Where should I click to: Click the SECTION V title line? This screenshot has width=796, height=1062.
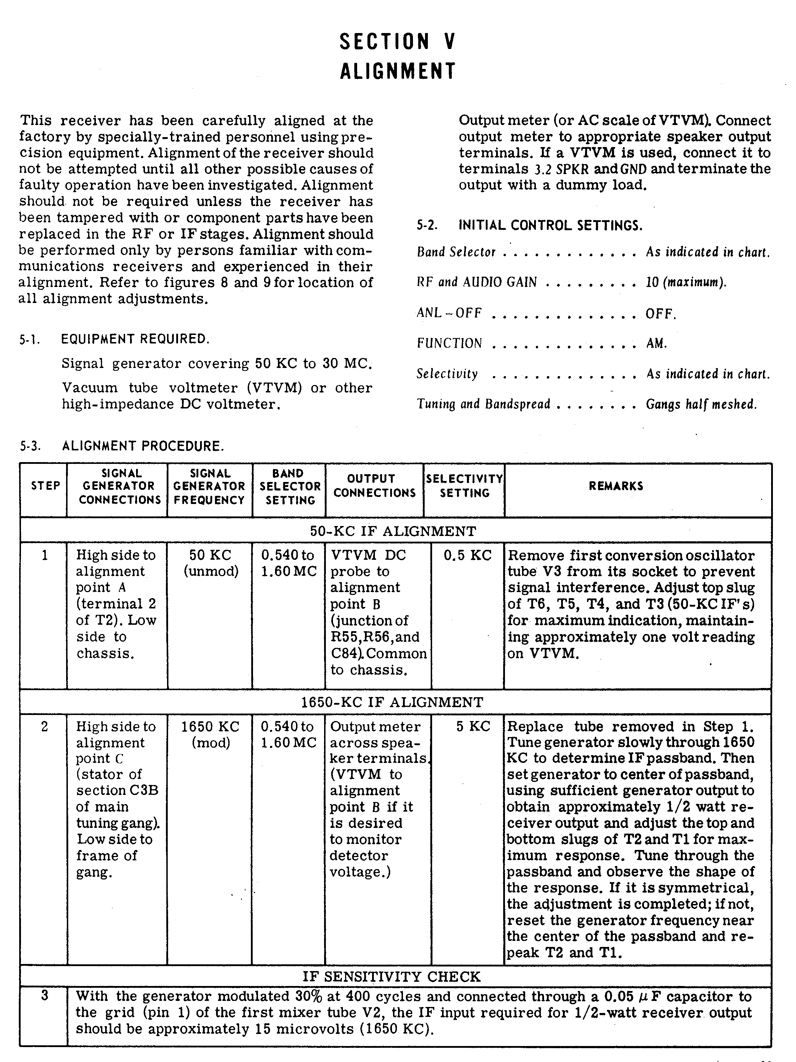pyautogui.click(x=397, y=42)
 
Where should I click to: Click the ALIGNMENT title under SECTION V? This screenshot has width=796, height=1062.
pyautogui.click(x=398, y=71)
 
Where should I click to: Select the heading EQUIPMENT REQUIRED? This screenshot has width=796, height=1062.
pyautogui.click(x=135, y=339)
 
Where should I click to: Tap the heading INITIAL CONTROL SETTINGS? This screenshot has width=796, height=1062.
pyautogui.click(x=550, y=225)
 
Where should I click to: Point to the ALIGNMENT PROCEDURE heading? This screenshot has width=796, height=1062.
pyautogui.click(x=142, y=446)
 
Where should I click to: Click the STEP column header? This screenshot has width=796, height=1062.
pyautogui.click(x=45, y=486)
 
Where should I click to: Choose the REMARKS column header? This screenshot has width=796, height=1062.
pyautogui.click(x=616, y=486)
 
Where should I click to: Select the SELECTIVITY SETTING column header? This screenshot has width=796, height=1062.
pyautogui.click(x=464, y=486)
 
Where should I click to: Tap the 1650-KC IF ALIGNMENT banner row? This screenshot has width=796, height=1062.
pyautogui.click(x=392, y=703)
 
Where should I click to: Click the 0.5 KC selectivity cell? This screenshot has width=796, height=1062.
pyautogui.click(x=467, y=556)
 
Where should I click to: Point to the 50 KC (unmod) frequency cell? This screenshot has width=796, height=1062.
pyautogui.click(x=210, y=563)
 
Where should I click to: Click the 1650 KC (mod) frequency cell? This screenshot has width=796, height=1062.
pyautogui.click(x=210, y=735)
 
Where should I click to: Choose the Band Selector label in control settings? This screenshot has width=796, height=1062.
pyautogui.click(x=456, y=252)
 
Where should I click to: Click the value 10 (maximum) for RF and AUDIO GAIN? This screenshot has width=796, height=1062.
pyautogui.click(x=685, y=282)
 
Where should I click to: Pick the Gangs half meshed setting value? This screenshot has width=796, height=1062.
pyautogui.click(x=701, y=404)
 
